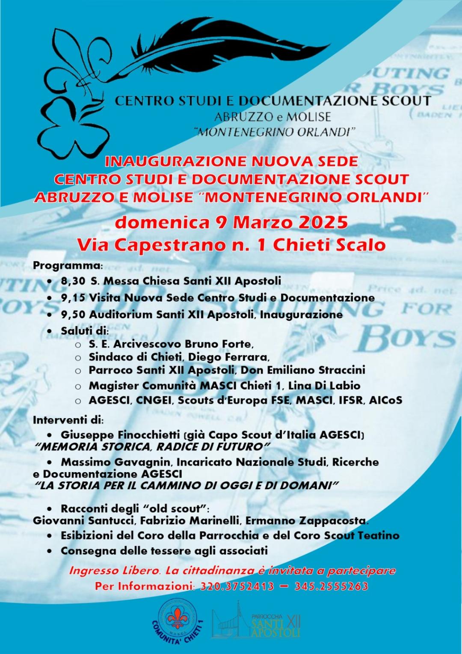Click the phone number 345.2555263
click(331, 586)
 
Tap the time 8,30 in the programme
click(70, 281)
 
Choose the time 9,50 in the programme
click(70, 315)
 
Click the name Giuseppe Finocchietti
click(120, 435)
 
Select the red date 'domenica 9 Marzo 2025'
click(231, 223)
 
